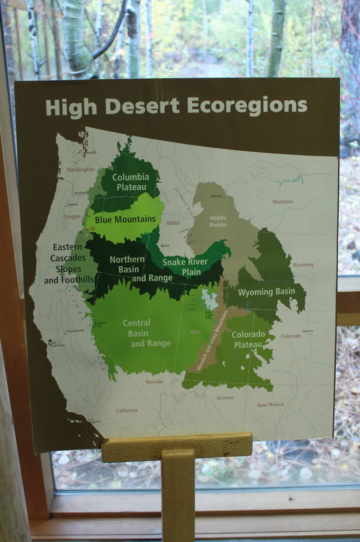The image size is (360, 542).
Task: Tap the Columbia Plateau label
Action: tap(130, 182)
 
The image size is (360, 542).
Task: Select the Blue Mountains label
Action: tap(125, 220)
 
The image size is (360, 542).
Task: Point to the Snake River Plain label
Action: tap(185, 267)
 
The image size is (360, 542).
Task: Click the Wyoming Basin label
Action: tap(267, 292)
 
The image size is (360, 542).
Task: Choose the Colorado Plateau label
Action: tap(248, 339)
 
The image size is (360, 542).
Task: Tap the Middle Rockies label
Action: tap(218, 221)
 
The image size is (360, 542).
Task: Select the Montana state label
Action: tap(282, 202)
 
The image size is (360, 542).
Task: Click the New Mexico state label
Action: tap(270, 405)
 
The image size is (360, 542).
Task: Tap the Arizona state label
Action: tap(225, 398)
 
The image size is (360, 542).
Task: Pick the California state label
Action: tap(126, 411)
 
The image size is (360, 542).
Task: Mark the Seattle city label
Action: tap(91, 152)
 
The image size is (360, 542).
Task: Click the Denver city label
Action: tap(308, 331)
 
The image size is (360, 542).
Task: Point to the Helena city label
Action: tap(216, 196)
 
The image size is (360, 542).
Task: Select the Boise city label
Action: tap(165, 246)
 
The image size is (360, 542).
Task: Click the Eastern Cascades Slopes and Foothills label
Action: tap(69, 263)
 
